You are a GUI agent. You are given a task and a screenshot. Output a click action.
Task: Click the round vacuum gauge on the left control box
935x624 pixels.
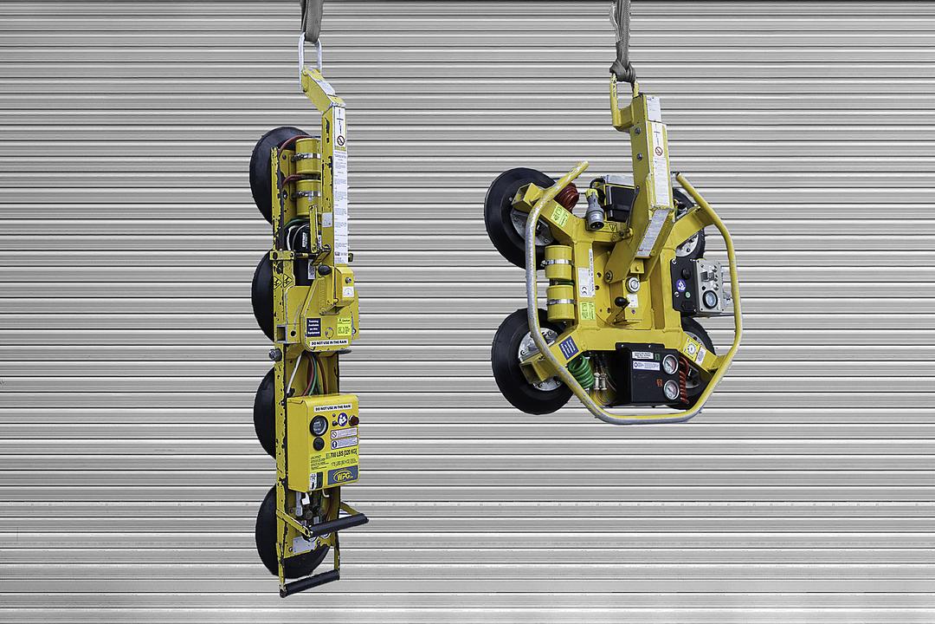point(319,425)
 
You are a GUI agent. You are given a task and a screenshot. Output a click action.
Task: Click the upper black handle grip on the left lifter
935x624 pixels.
point(339,523)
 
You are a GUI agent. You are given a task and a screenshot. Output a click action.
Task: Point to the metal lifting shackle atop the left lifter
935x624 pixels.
point(310,55)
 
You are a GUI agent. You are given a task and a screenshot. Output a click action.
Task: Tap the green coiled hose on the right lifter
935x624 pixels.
point(580,373)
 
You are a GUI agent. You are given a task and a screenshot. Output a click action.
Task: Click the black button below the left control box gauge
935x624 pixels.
point(319,443)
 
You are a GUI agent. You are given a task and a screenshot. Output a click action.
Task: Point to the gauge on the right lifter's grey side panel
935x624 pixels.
point(710,299)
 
